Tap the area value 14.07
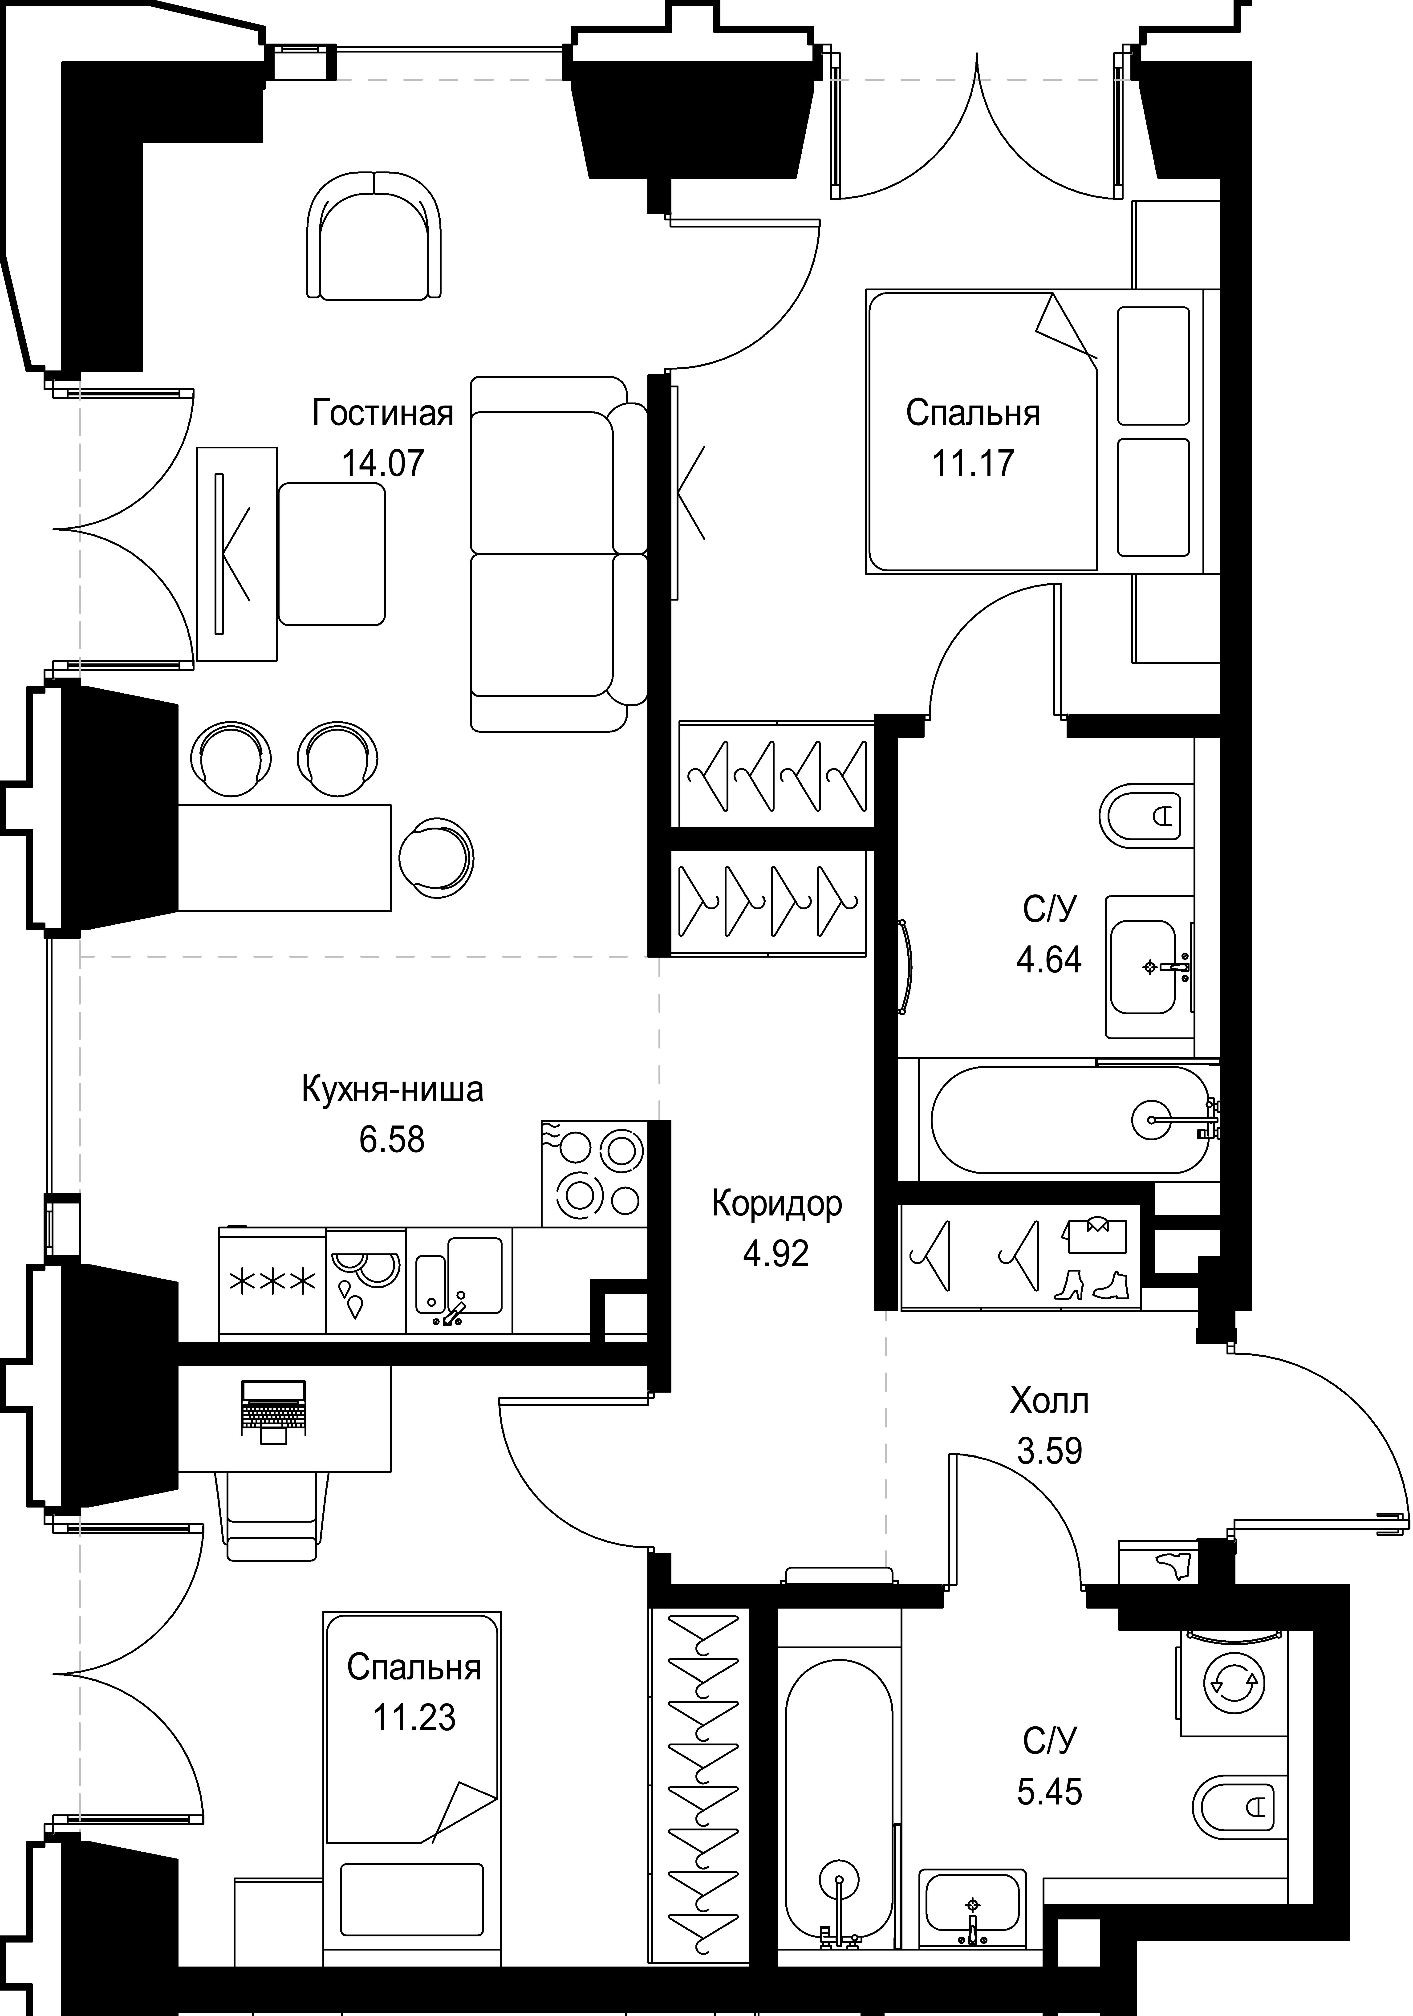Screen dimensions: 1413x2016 tap(383, 463)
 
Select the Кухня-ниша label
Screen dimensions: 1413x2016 tap(392, 1090)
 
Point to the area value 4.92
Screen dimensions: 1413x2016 tap(776, 1254)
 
